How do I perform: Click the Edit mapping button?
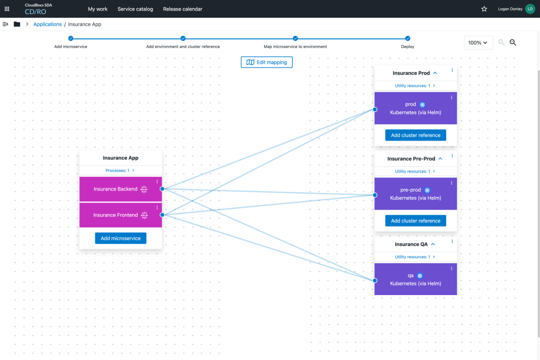tap(267, 62)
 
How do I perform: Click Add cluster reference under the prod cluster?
tap(416, 135)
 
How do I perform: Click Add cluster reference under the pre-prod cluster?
tap(416, 221)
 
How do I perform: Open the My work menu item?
tap(98, 9)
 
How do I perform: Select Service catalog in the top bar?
tap(135, 9)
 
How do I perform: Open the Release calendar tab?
tap(182, 9)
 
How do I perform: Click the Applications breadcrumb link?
tap(47, 24)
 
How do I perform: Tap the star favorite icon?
tap(484, 9)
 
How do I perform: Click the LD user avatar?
tap(530, 9)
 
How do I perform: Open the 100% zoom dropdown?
tap(478, 43)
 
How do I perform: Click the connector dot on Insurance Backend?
tap(162, 189)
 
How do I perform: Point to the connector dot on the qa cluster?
tap(375, 280)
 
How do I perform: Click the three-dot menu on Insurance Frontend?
tap(157, 208)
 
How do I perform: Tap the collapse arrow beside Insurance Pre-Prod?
tap(440, 159)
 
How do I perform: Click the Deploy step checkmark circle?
tap(408, 38)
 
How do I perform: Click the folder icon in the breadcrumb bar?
tap(17, 24)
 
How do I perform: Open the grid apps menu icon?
tap(7, 9)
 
